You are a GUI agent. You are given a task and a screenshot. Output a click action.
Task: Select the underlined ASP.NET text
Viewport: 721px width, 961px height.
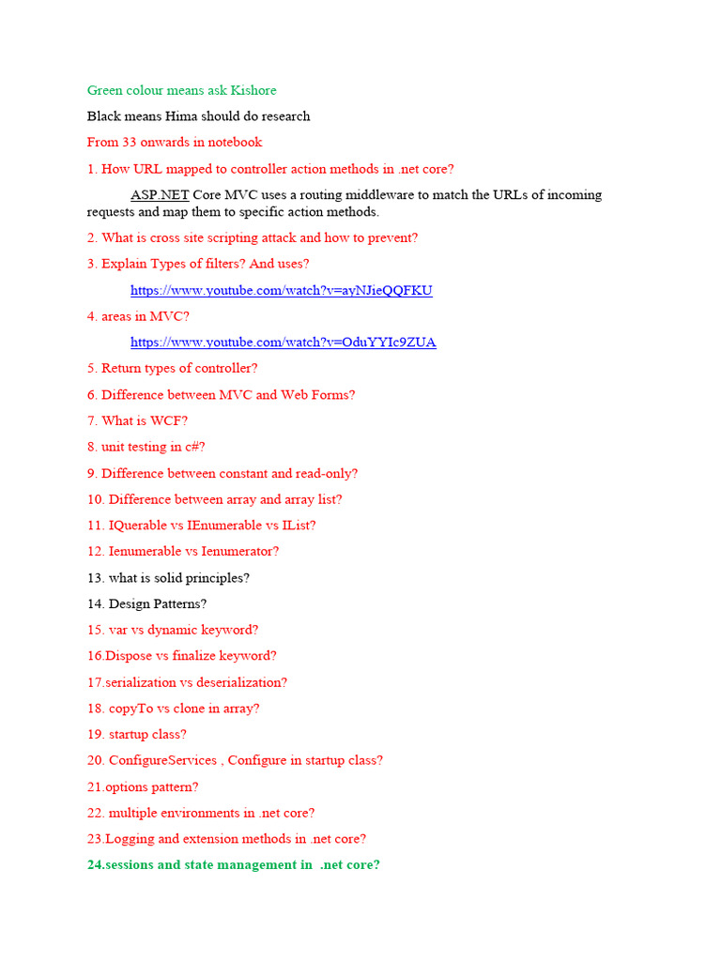click(x=160, y=195)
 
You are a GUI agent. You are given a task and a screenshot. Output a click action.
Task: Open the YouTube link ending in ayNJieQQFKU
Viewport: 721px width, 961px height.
click(x=281, y=291)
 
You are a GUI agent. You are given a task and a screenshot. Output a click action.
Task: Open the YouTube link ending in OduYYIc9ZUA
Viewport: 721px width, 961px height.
click(x=283, y=343)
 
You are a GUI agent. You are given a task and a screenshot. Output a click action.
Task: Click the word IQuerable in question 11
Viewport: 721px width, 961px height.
click(x=139, y=526)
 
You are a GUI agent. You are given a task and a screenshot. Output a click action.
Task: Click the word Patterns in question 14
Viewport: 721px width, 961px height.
click(x=175, y=604)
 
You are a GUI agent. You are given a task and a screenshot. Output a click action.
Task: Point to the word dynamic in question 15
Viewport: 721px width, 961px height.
click(x=174, y=631)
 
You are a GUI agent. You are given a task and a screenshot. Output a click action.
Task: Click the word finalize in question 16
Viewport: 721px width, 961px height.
click(x=192, y=656)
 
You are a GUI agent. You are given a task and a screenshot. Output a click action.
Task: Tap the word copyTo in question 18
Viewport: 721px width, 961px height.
click(x=130, y=709)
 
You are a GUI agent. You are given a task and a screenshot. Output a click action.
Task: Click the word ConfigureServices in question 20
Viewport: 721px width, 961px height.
click(x=163, y=761)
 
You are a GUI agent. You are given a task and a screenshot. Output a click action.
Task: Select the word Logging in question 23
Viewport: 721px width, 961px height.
click(x=129, y=839)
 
